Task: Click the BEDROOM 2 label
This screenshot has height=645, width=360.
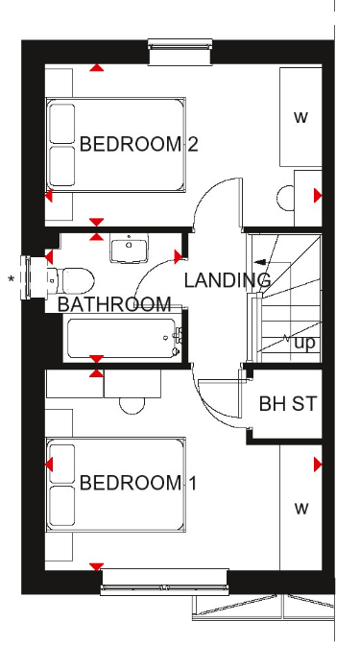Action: (x=138, y=144)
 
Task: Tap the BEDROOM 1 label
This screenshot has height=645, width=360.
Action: (x=138, y=483)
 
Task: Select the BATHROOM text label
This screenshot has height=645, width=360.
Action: (x=114, y=304)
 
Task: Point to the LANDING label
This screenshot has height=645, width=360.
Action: (x=228, y=280)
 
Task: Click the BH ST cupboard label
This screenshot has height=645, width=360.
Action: (x=288, y=404)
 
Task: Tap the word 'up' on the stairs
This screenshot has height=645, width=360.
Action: (x=305, y=343)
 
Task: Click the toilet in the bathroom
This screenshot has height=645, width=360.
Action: (x=71, y=280)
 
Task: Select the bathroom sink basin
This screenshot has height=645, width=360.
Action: (x=129, y=248)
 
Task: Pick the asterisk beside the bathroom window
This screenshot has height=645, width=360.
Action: (x=12, y=279)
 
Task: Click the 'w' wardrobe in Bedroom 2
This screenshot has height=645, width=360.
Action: (x=300, y=117)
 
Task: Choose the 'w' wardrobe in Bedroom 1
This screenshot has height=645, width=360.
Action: (x=300, y=508)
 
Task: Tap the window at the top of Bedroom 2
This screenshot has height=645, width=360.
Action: (x=180, y=52)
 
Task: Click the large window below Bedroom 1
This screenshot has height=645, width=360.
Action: (x=164, y=582)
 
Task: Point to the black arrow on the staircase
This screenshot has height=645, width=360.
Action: (x=260, y=262)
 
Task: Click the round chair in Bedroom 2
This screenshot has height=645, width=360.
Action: (x=285, y=198)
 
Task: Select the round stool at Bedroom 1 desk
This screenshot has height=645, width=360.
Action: (x=132, y=406)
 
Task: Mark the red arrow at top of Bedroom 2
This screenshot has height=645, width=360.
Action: (x=97, y=67)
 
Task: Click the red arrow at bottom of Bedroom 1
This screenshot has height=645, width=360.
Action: (x=96, y=567)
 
